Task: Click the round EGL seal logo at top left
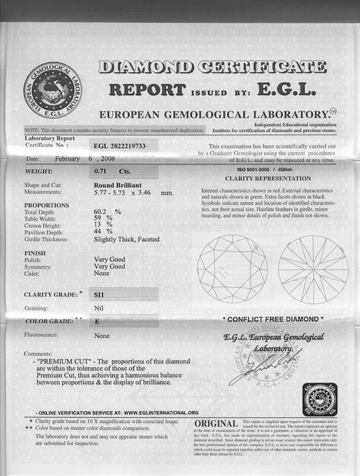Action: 52,91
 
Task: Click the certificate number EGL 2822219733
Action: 119,147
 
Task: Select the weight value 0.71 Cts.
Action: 112,171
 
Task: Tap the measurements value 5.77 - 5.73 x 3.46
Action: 133,193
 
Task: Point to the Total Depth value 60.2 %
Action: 107,212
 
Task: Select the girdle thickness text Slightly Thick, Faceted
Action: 127,239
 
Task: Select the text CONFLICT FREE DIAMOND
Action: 273,319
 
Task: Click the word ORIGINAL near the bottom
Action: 217,424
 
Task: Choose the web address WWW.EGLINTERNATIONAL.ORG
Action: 161,413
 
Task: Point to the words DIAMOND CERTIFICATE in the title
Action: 212,68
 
